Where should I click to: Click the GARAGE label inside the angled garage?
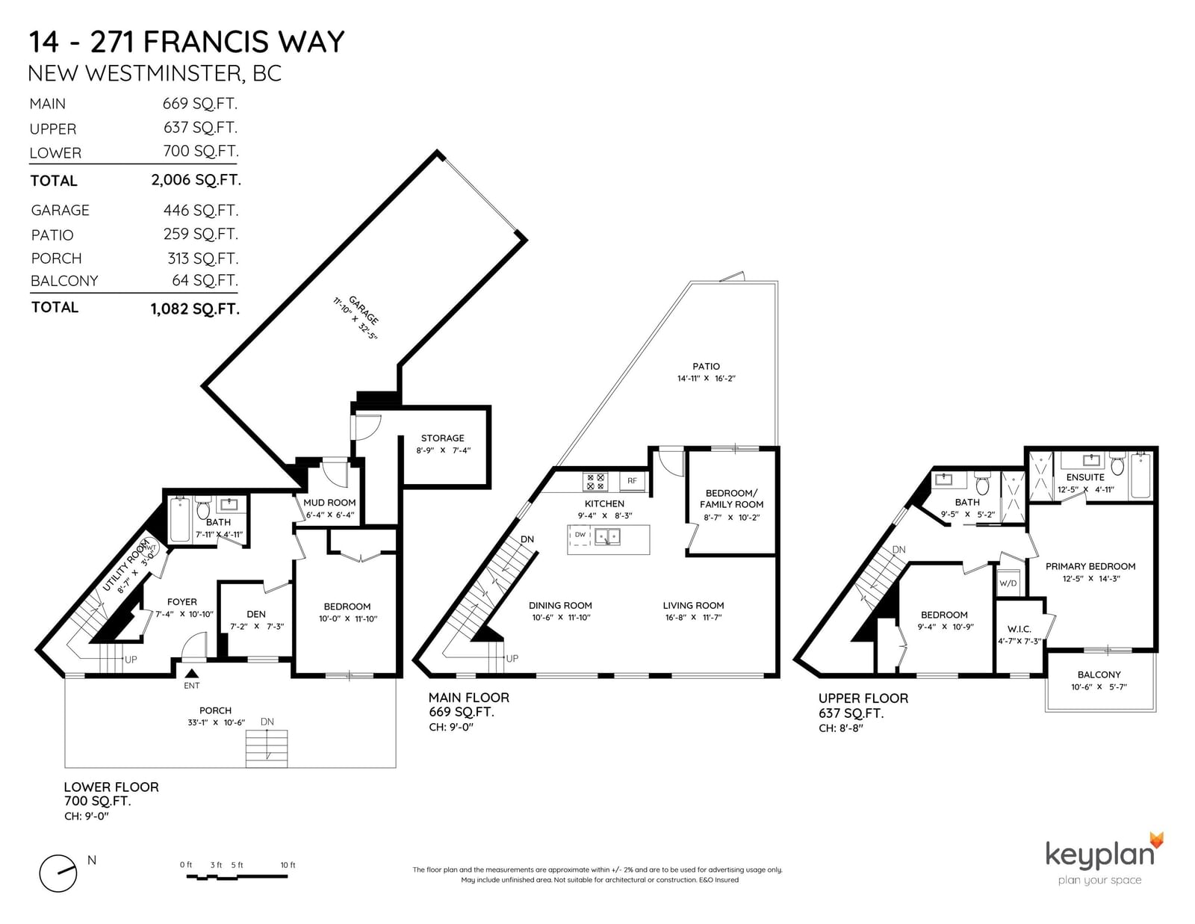click(x=364, y=310)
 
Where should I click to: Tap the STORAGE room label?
click(x=443, y=438)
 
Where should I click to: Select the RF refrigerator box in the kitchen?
click(x=632, y=481)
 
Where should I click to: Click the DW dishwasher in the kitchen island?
click(x=580, y=535)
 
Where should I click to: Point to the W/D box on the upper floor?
click(x=1008, y=583)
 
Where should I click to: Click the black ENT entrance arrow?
click(x=191, y=673)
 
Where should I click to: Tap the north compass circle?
click(x=58, y=873)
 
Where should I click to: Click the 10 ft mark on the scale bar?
click(x=288, y=864)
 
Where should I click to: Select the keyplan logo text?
click(x=1099, y=854)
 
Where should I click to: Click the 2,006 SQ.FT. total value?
click(x=196, y=180)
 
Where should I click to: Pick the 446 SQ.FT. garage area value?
click(x=201, y=210)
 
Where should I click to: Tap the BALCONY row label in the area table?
click(x=64, y=281)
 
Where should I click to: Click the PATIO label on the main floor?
click(x=706, y=366)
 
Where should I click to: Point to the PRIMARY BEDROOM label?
click(x=1090, y=566)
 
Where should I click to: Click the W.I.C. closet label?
click(x=1019, y=629)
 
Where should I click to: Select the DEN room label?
click(x=256, y=614)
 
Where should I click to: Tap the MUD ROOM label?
click(x=329, y=502)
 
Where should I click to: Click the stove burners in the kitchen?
click(x=595, y=482)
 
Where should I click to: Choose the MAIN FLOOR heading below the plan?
click(x=469, y=698)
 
